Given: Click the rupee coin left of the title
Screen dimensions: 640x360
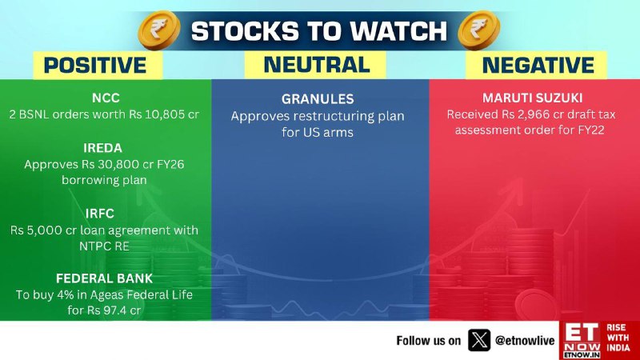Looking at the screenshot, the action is click(159, 30).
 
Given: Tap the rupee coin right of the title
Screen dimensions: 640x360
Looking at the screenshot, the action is click(478, 30).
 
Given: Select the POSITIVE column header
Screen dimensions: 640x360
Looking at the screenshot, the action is click(95, 66).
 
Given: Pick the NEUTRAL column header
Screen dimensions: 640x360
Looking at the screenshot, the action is click(317, 65).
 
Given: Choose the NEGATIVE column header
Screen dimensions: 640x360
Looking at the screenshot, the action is click(538, 66).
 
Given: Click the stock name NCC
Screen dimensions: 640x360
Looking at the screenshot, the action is click(106, 98).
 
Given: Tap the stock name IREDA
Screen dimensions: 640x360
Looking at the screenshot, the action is click(103, 148).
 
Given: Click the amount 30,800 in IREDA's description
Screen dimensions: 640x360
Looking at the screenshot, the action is click(120, 165).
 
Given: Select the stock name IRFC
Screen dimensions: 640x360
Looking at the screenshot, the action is click(100, 214).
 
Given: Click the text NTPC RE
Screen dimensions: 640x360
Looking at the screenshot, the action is click(104, 246).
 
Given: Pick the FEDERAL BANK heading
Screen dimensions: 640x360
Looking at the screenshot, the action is click(104, 278).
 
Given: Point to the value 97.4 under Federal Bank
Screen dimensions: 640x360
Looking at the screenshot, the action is click(114, 310).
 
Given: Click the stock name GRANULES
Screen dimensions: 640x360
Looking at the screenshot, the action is click(318, 98).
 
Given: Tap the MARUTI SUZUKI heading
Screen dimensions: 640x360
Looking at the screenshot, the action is click(532, 98).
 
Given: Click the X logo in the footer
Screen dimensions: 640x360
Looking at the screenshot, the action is click(479, 341).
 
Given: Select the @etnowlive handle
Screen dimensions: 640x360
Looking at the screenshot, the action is click(525, 341).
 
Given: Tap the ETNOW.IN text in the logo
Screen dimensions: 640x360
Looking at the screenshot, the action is click(582, 355).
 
